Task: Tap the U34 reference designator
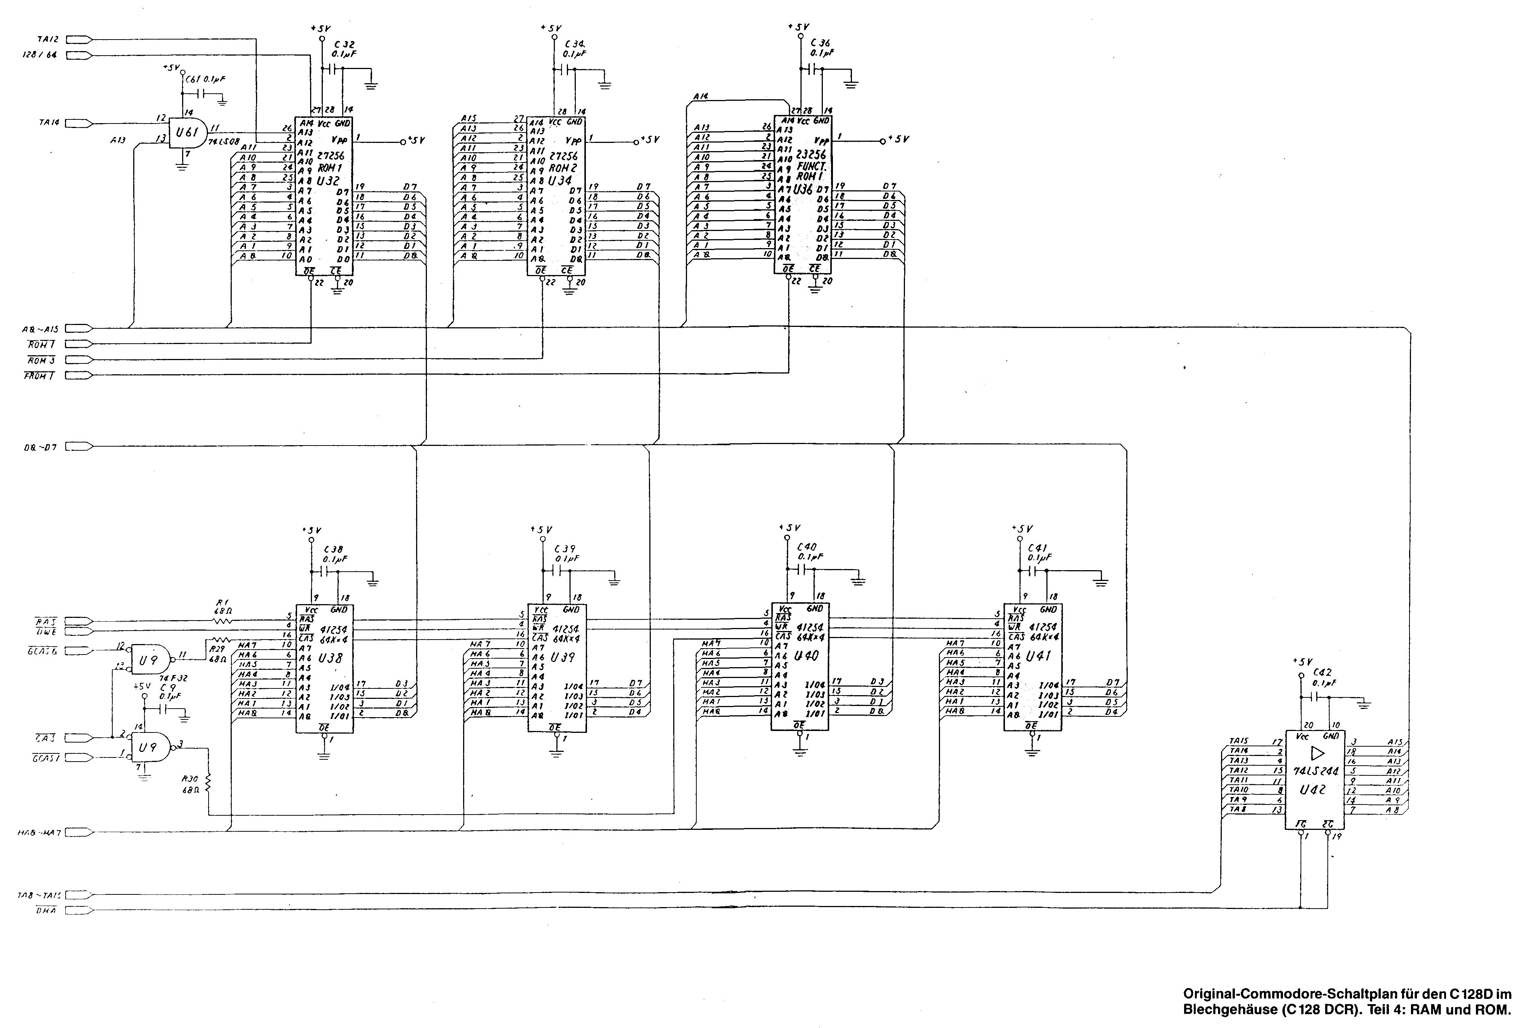click(x=561, y=180)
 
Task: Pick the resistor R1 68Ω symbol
click(x=222, y=619)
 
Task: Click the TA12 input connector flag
click(x=79, y=39)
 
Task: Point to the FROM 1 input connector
click(x=79, y=376)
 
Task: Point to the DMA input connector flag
click(x=79, y=910)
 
